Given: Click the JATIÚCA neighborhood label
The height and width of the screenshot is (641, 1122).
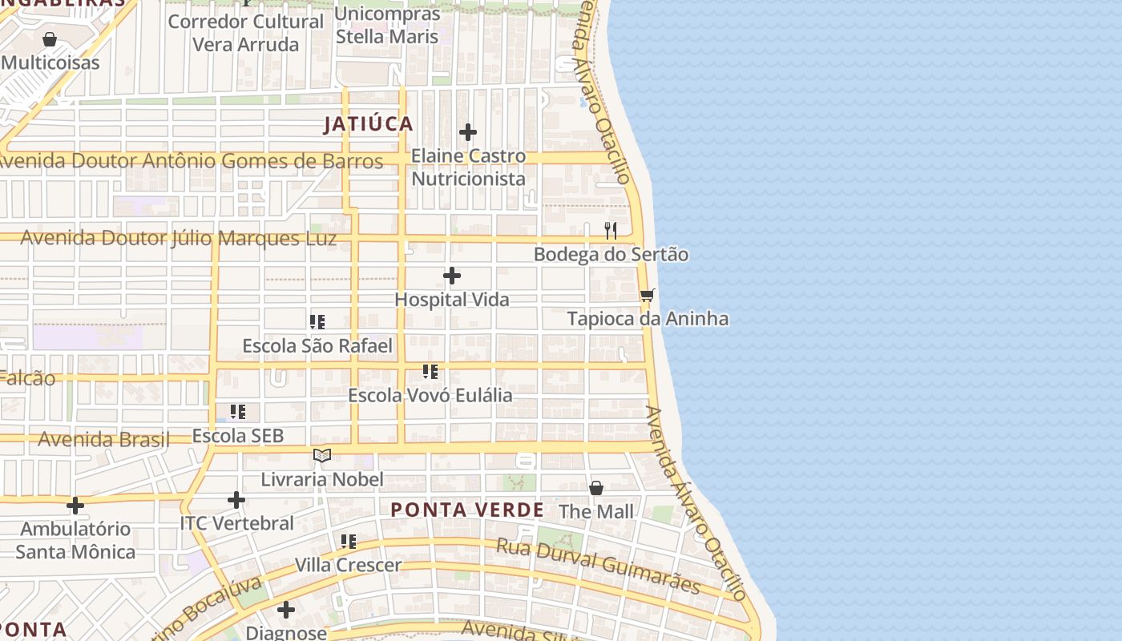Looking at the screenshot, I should pos(369,124).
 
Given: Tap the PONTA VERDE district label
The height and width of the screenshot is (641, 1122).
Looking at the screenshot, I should pos(467,510).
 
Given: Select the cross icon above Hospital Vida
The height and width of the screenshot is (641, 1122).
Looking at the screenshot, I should pos(452,276).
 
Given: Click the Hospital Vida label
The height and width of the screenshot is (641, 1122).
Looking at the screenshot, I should pos(452,300).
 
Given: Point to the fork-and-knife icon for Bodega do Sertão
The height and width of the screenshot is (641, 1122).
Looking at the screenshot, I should pos(611,231).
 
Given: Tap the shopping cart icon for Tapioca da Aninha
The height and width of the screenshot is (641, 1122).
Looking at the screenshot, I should pos(648,295).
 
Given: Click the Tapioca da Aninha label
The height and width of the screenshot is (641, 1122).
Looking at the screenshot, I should pos(648,319).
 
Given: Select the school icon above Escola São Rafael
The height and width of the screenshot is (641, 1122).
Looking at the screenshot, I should pos(317,322).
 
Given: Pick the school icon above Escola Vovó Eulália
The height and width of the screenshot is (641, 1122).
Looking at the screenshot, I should pos(430,372).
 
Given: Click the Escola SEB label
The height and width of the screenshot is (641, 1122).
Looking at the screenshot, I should pos(238,436).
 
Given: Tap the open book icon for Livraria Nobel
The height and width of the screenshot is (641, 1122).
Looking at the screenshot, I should pos(322,456).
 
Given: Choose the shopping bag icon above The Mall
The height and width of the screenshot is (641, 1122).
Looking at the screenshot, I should pos(596,488).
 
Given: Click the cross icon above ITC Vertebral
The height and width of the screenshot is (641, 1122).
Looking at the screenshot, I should pos(236,500).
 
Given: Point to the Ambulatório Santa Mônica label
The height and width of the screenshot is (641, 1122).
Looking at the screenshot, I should pos(75,540).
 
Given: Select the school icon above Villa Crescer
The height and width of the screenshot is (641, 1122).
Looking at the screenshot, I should pos(349,542).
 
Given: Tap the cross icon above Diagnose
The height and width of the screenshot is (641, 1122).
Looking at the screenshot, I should pos(286,610).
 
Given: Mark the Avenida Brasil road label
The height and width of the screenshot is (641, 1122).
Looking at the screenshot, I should pos(104,439).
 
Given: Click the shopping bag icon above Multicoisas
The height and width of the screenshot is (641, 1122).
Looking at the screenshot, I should pos(50,39).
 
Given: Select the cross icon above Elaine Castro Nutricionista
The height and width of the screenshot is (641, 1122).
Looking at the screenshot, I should pos(468,132).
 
